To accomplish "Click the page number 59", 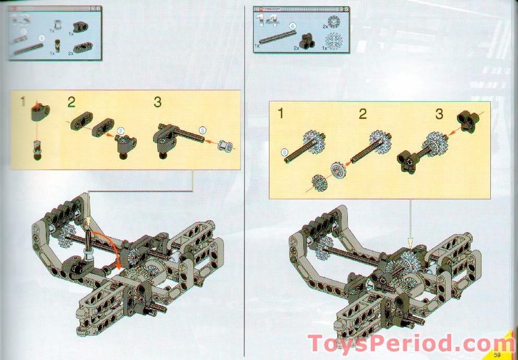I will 498,355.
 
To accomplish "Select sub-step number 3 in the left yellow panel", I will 158,102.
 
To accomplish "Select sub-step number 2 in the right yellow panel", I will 363,114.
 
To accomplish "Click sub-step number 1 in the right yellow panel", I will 280,113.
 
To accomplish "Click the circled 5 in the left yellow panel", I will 203,130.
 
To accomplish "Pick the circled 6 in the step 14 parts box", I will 293,26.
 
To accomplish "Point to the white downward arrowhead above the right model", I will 410,242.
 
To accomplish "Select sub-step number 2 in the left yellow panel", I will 72,102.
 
